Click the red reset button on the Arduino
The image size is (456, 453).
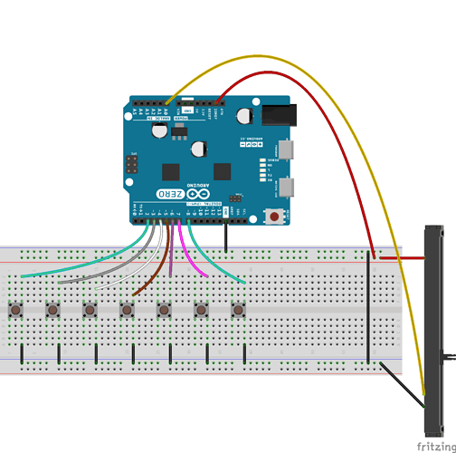pyautogui.click(x=273, y=216)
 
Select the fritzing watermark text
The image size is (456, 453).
pyautogui.click(x=434, y=446)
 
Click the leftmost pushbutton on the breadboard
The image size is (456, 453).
pyautogui.click(x=16, y=310)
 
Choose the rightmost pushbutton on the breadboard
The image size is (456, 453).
pyautogui.click(x=238, y=310)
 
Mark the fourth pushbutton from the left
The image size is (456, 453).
pyautogui.click(x=127, y=310)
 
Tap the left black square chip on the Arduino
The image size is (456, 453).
pyautogui.click(x=172, y=170)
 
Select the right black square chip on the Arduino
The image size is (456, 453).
pyautogui.click(x=223, y=170)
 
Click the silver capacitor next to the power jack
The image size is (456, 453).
pyautogui.click(x=244, y=115)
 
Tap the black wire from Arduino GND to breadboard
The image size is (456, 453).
pyautogui.click(x=225, y=236)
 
